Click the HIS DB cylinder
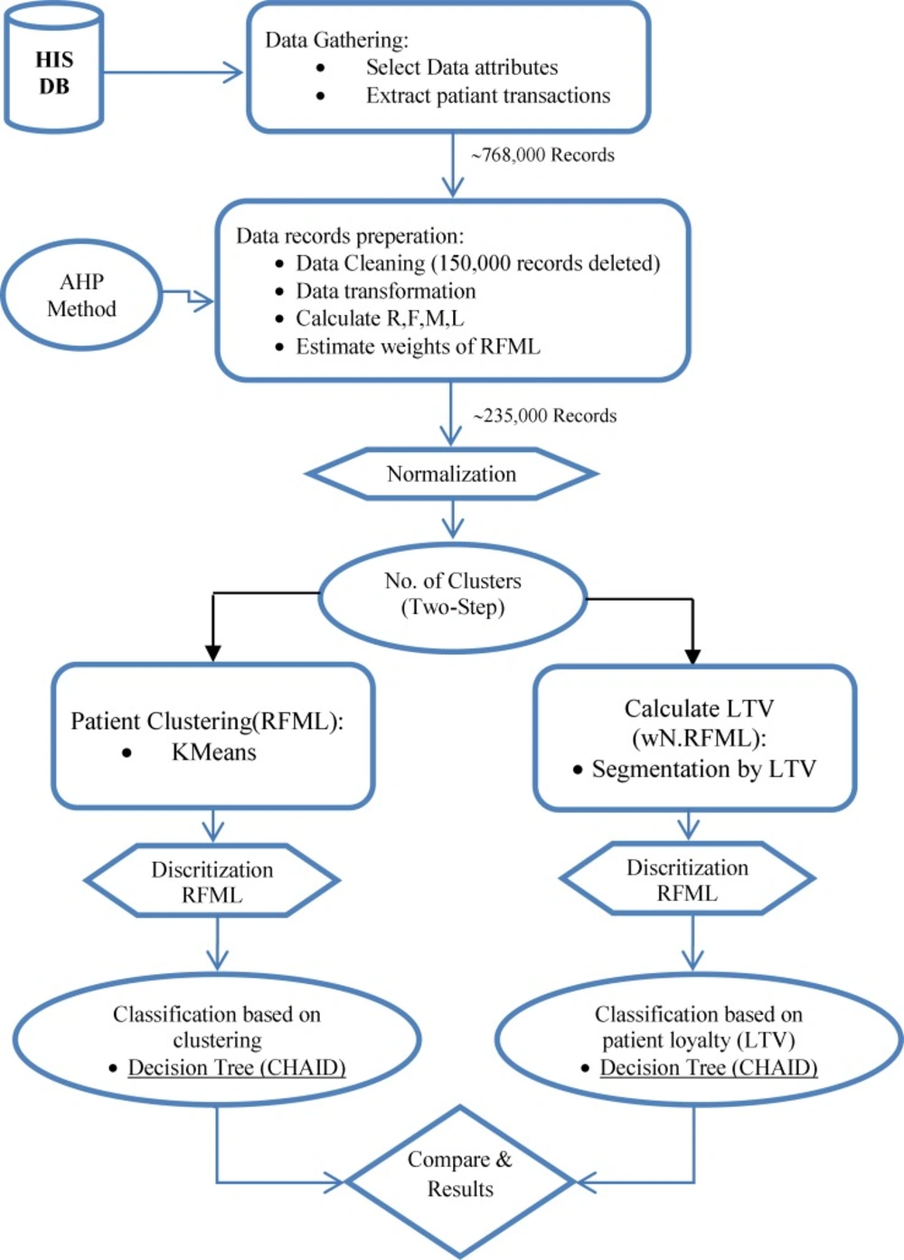click(x=54, y=68)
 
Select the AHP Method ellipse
click(x=82, y=295)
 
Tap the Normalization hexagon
click(x=452, y=474)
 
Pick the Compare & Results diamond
click(x=460, y=1181)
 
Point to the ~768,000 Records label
click(x=542, y=155)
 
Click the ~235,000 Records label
click(x=545, y=416)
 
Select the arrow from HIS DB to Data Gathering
click(x=174, y=72)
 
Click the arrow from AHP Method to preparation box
click(x=188, y=298)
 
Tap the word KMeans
click(x=213, y=752)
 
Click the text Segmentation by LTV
click(x=703, y=769)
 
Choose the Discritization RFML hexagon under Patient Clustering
click(x=212, y=881)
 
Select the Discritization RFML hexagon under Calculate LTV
click(x=688, y=878)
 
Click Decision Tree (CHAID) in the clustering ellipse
click(x=237, y=1067)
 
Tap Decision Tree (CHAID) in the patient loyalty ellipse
click(x=709, y=1067)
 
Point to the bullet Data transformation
click(x=386, y=291)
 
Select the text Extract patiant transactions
click(x=488, y=96)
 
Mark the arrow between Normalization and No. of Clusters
click(x=453, y=518)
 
